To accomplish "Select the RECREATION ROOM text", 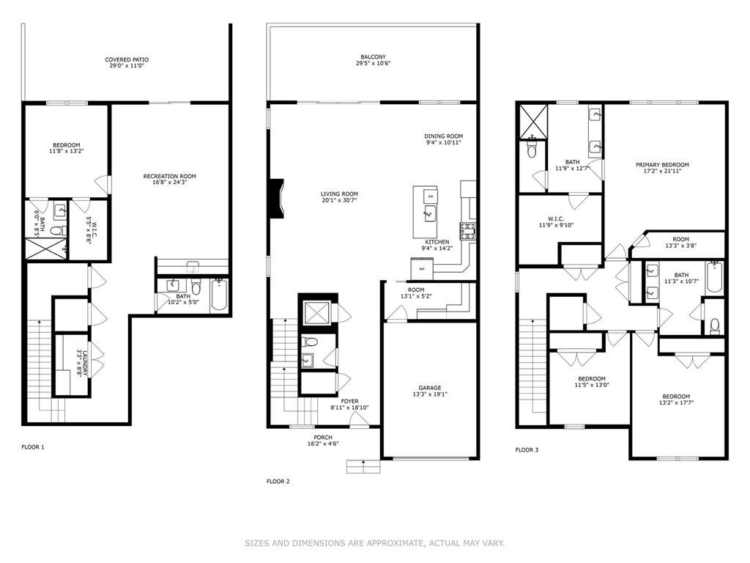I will coord(169,176).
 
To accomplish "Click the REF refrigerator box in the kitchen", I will coord(422,269).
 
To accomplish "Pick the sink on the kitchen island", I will coord(431,214).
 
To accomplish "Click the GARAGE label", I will coord(429,389).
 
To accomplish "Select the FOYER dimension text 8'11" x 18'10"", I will coord(350,408).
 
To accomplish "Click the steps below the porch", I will coord(363,466).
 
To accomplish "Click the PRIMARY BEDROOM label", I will coord(662,165).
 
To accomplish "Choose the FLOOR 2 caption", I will coord(278,482).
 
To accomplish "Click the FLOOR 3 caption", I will coord(527,449).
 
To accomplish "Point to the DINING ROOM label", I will coord(444,136).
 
